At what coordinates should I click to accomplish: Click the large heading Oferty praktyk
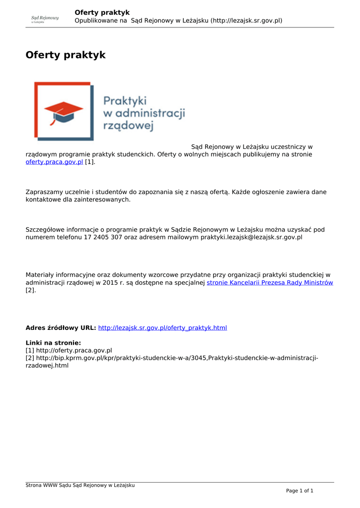coord(66,55)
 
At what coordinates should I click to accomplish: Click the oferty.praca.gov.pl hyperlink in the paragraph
coord(54,162)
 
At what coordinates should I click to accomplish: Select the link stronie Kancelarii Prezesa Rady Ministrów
coord(270,283)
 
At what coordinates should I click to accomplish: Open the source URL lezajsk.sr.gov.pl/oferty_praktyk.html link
coord(162,328)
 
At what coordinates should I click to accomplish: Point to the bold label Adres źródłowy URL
coord(61,328)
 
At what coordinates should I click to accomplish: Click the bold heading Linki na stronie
coord(53,343)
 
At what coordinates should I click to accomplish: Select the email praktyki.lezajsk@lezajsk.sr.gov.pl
coord(251,237)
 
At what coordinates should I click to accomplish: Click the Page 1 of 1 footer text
coord(299,491)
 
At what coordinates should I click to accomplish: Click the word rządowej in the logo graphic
coord(128,125)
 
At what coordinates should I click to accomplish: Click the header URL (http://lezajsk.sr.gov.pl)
coord(246,21)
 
